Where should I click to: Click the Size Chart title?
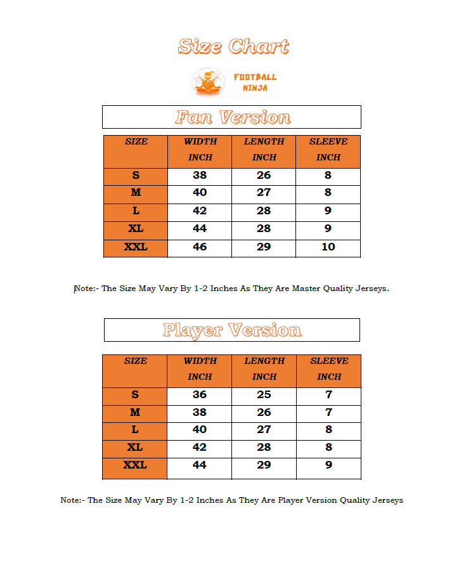tap(233, 46)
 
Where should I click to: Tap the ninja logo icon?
tap(209, 82)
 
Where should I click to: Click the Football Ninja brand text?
tap(255, 82)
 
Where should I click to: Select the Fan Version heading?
tap(233, 117)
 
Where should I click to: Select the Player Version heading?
tap(232, 330)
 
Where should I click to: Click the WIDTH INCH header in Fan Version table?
tap(200, 150)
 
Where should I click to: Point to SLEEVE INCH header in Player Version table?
tap(329, 368)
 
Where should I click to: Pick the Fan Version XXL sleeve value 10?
tap(328, 247)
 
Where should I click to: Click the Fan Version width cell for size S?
tap(200, 176)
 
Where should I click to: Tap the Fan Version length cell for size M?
tap(264, 193)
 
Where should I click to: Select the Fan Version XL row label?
tap(136, 228)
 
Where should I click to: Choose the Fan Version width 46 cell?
tap(200, 247)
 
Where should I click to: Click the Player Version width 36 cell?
tap(200, 394)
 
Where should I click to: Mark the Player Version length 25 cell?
tap(264, 394)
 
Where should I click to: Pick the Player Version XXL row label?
tap(135, 465)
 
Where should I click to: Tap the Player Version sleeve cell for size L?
tap(328, 429)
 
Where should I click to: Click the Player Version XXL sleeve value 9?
tap(328, 465)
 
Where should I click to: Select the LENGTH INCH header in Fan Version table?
tap(264, 150)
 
